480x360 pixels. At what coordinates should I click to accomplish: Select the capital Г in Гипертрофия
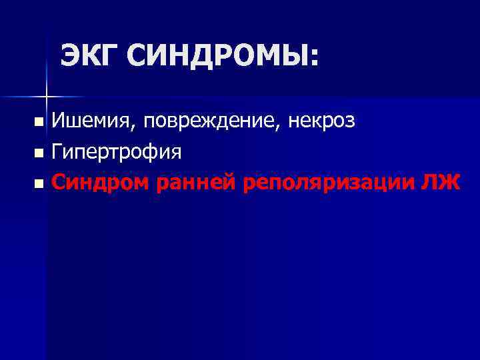tap(58, 151)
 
